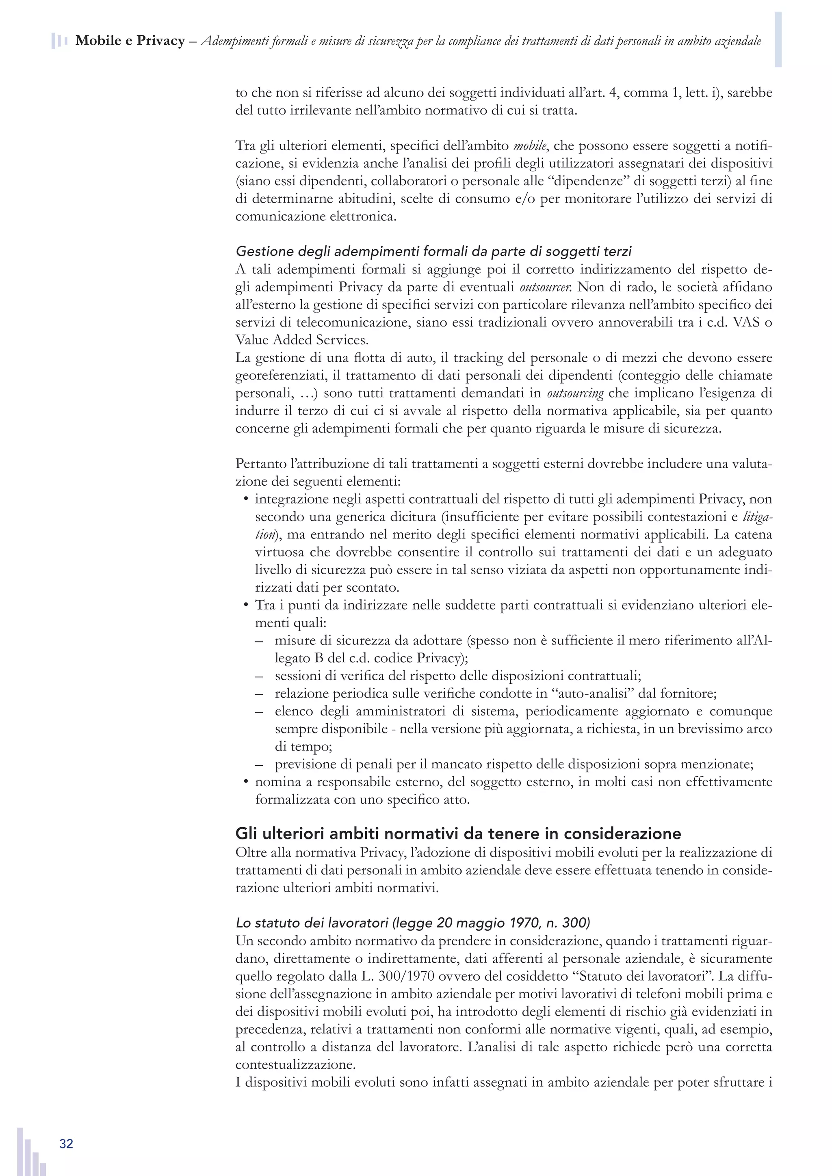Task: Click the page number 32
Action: pos(66,1144)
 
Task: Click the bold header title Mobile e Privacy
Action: pos(130,41)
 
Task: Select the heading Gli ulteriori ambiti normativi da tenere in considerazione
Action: pos(458,833)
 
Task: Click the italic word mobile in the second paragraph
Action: pos(530,145)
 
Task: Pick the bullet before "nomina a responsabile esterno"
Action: pos(245,782)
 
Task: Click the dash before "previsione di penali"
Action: pos(259,765)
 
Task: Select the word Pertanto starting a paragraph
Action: pos(261,463)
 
